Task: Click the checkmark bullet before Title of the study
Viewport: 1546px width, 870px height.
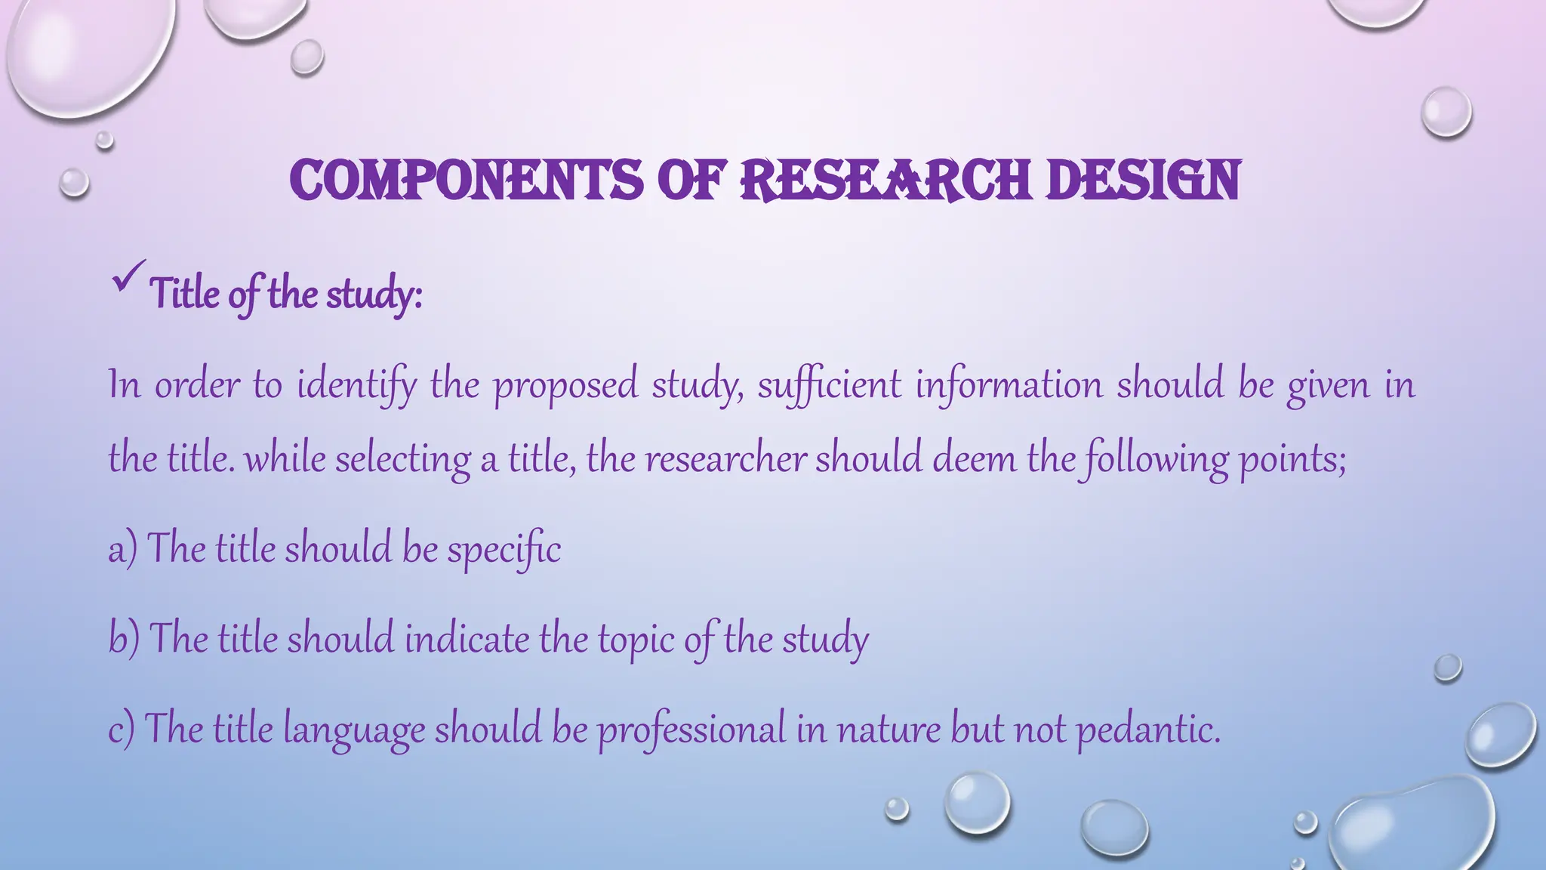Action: [128, 277]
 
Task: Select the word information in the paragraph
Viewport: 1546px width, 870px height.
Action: [1009, 385]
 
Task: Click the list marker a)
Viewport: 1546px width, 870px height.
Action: [122, 548]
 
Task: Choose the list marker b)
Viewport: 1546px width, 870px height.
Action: [124, 639]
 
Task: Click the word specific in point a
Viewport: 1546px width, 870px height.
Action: [504, 550]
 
